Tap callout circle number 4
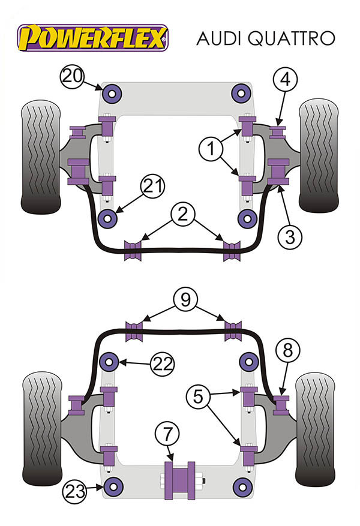coord(286,79)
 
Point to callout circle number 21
coord(152,188)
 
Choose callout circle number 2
coord(182,214)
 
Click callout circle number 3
coord(290,238)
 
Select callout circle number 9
coord(185,299)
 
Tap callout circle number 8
coord(287,351)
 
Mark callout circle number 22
coord(162,363)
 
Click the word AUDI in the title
coord(220,38)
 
